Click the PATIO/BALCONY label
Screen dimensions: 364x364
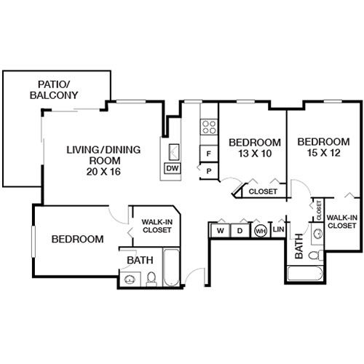click(54, 89)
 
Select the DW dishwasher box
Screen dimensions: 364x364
click(173, 169)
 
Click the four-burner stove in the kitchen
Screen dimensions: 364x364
click(209, 128)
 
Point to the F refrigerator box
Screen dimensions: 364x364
click(210, 154)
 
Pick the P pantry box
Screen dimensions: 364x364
click(210, 170)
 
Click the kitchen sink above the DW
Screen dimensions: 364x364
click(174, 152)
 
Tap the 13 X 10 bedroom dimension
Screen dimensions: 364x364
click(254, 154)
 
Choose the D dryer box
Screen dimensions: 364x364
click(240, 231)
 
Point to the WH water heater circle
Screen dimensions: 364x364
click(260, 231)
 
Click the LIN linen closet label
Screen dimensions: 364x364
click(278, 231)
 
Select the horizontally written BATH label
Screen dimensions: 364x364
click(140, 260)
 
